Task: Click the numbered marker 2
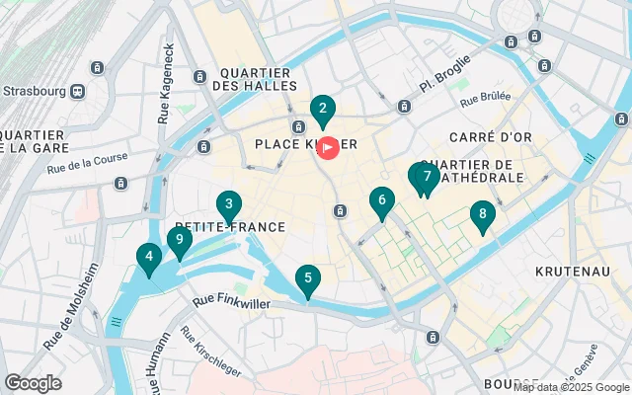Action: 322,111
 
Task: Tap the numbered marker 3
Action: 229,205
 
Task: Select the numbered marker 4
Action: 149,259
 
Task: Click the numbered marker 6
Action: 381,201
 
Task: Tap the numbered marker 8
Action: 482,214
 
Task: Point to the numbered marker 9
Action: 179,239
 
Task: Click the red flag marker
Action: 328,147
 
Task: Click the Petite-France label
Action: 229,227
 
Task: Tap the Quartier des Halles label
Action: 255,79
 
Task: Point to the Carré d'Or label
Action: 484,136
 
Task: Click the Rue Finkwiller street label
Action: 231,302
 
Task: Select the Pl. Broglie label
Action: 439,85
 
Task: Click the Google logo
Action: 33,383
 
